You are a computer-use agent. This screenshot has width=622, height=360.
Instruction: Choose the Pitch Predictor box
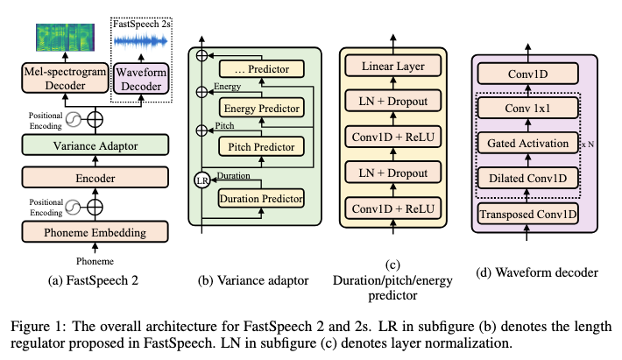(x=260, y=147)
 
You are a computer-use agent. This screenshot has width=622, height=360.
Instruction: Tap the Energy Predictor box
(x=260, y=108)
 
